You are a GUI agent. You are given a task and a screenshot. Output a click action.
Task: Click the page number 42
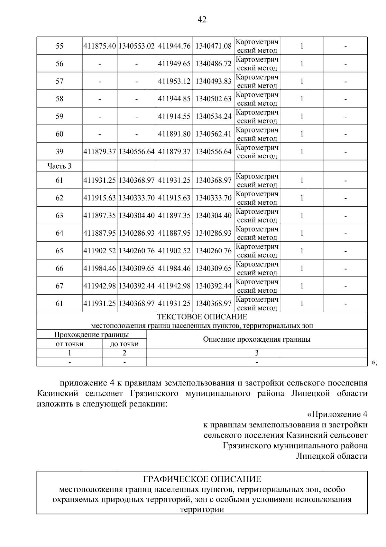202,20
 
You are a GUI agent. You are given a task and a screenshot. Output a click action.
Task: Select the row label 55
60,46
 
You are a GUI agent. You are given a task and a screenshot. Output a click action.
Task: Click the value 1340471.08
213,46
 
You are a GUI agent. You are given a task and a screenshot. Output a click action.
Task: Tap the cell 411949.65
174,64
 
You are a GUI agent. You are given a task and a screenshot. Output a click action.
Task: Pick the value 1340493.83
213,81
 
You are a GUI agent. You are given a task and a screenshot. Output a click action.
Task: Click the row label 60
60,134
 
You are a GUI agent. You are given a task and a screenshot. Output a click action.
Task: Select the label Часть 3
60,166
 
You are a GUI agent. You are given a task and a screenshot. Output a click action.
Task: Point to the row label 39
60,151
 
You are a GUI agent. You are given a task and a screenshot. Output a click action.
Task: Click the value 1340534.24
213,116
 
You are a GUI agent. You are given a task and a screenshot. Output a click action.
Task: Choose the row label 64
60,233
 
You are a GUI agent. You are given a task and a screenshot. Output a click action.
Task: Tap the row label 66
60,268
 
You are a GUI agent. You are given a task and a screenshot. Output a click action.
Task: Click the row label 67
60,286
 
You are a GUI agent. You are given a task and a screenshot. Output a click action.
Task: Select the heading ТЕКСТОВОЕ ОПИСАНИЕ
202,317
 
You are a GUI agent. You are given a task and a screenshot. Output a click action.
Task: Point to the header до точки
124,344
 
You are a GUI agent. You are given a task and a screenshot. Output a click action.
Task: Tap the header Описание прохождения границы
256,339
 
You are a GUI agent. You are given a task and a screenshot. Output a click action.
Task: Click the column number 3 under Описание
256,353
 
